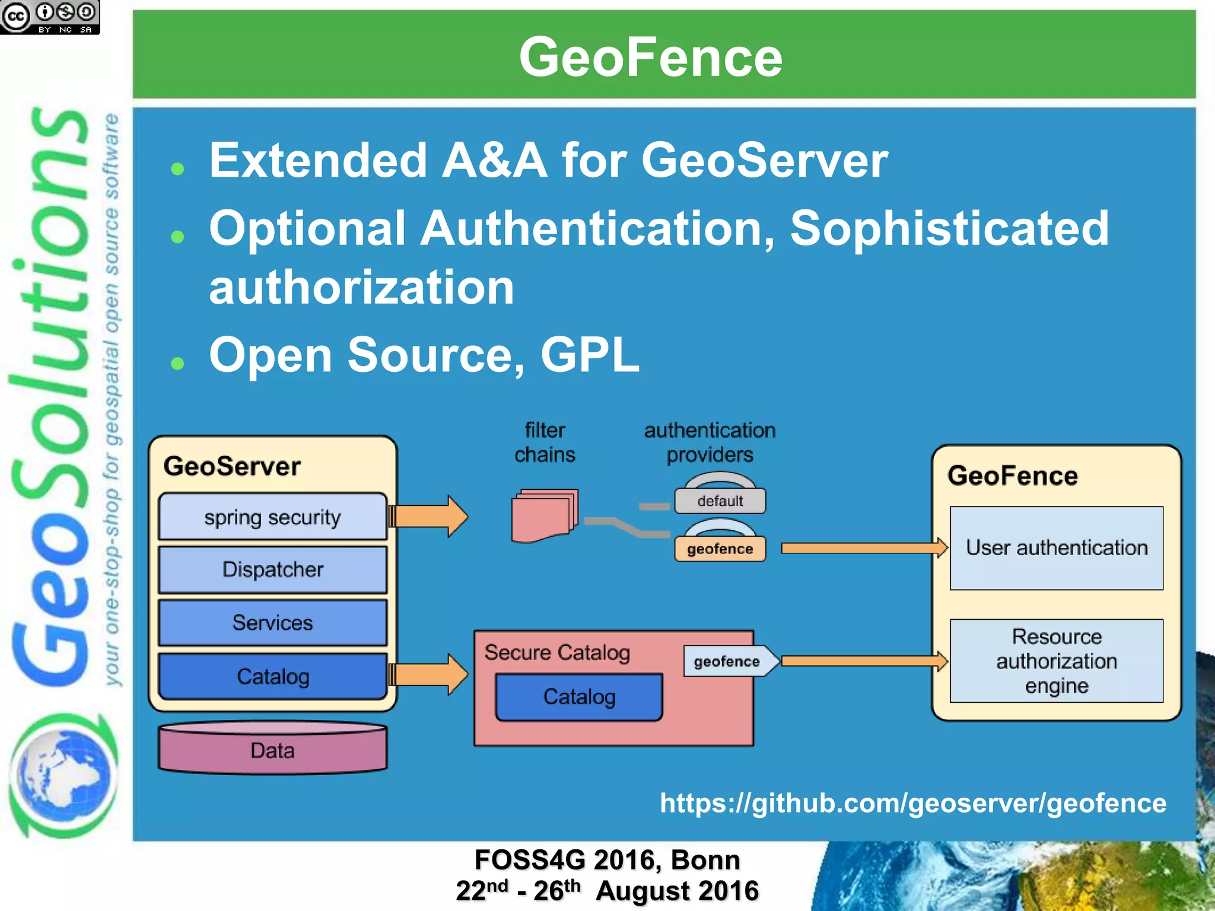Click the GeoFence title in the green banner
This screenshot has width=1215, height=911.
point(651,57)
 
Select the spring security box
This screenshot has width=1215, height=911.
point(272,517)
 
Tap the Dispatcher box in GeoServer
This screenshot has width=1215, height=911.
point(272,569)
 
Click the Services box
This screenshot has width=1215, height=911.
point(272,623)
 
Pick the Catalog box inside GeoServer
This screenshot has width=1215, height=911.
point(272,676)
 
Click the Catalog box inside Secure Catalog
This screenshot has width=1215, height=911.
point(579,697)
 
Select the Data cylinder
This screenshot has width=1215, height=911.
point(272,750)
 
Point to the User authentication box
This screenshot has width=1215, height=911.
point(1056,548)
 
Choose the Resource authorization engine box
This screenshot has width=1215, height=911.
point(1056,661)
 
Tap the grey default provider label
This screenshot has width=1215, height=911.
point(720,501)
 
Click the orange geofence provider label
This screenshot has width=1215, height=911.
point(720,549)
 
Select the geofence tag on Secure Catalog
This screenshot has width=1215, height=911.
point(727,661)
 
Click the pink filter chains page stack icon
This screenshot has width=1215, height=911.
point(544,515)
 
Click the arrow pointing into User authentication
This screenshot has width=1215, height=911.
point(863,548)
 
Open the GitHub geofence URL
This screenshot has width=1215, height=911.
point(913,803)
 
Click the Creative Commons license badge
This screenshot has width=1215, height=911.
point(49,17)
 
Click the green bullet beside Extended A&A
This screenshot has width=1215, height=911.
point(177,170)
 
